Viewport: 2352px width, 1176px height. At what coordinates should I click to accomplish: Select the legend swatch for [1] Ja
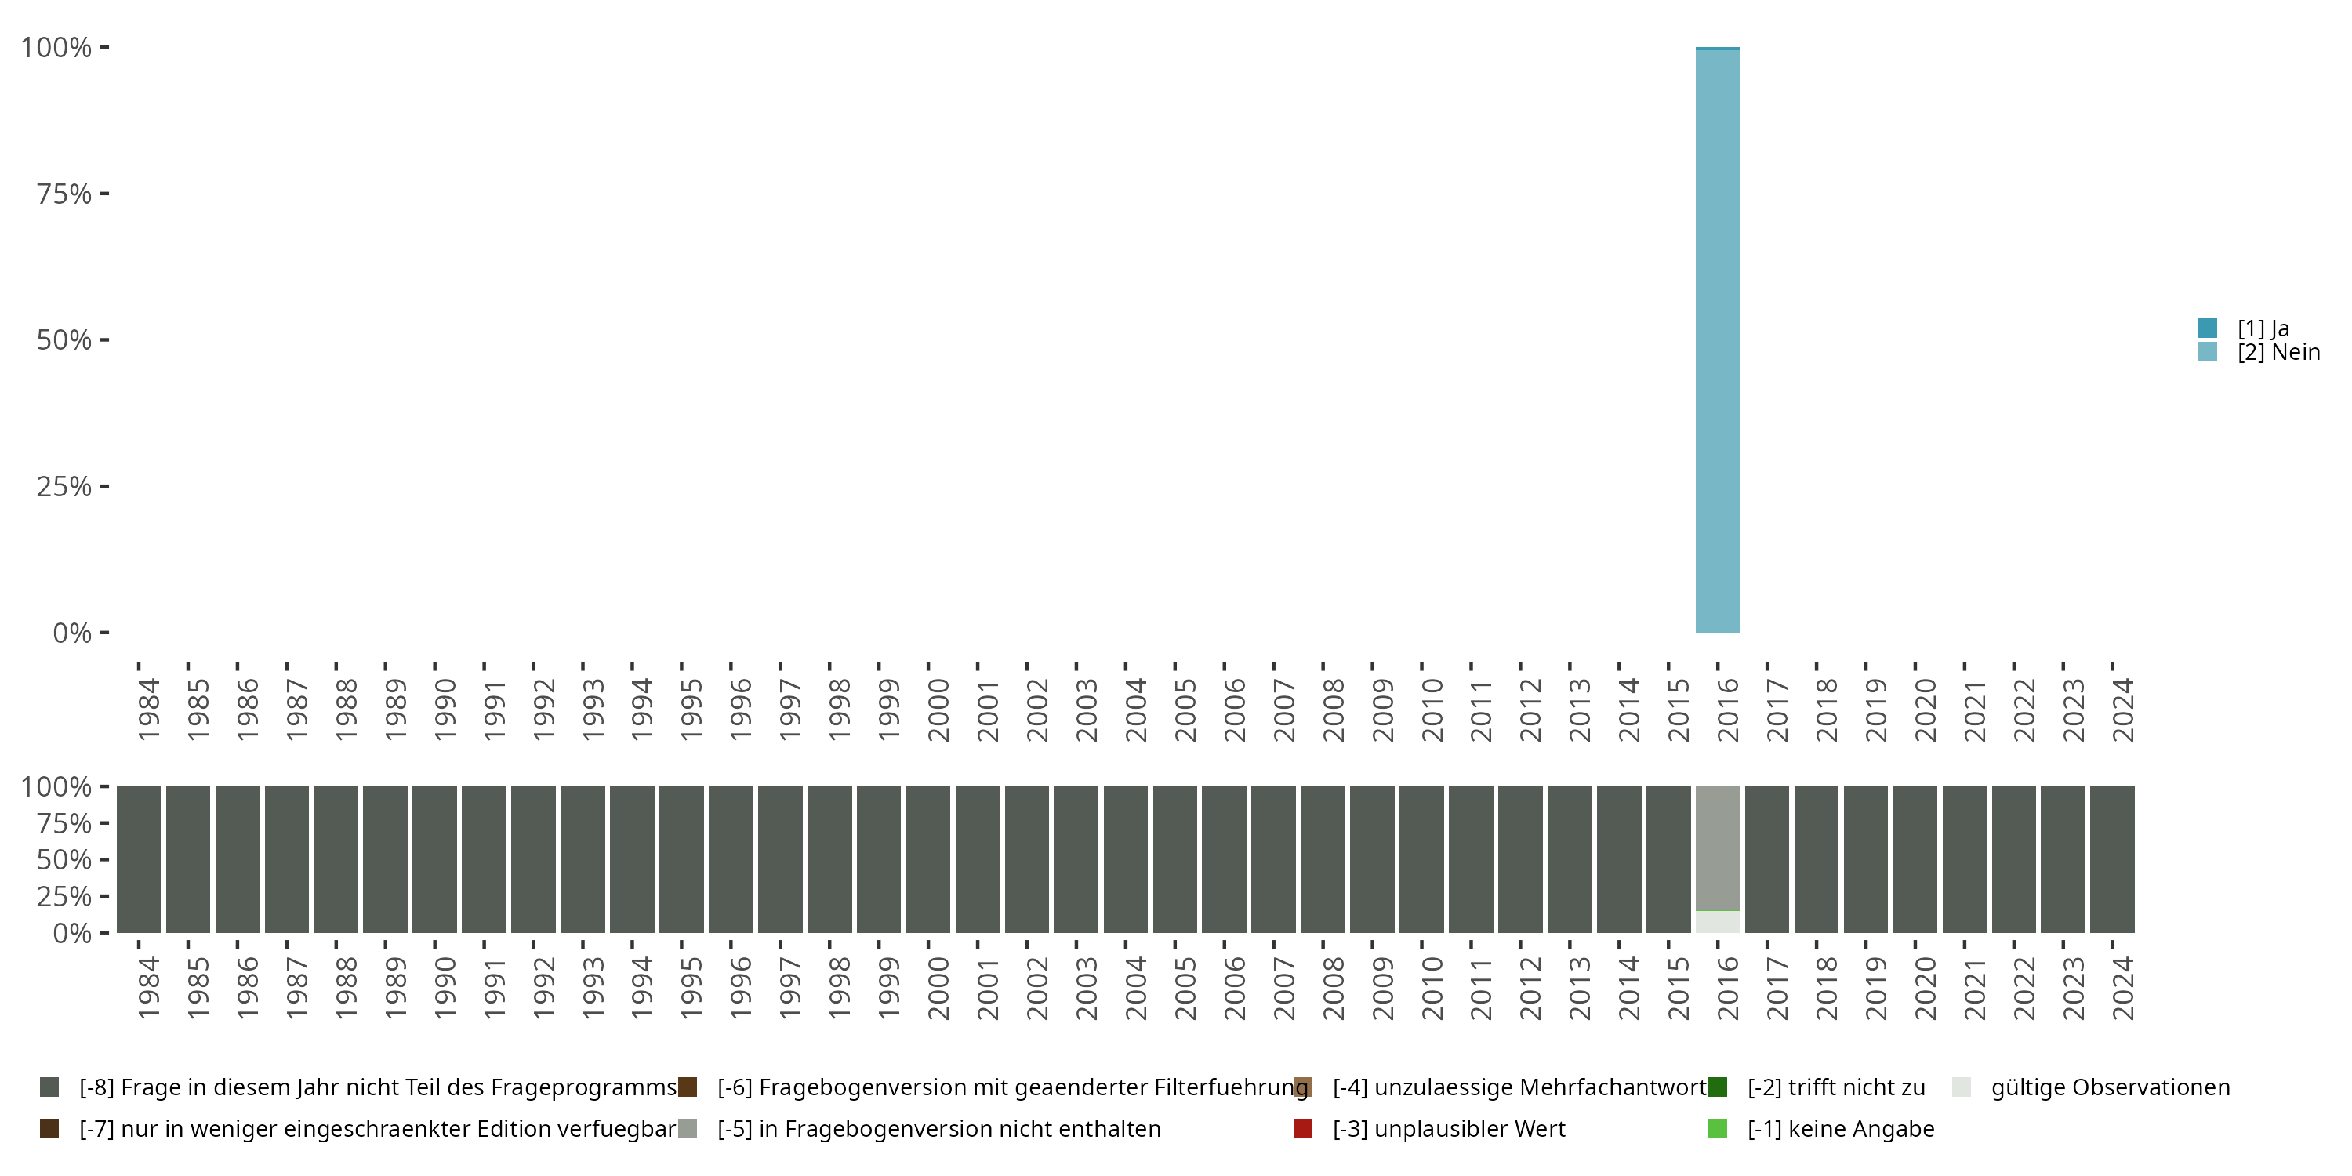coord(2208,328)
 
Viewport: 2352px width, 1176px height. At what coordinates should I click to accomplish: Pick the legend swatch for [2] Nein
coord(2208,351)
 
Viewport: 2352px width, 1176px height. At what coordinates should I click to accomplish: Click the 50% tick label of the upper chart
coord(64,339)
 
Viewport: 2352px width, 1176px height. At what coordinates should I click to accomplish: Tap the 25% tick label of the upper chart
coord(64,486)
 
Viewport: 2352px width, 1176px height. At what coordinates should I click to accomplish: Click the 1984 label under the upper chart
coord(148,710)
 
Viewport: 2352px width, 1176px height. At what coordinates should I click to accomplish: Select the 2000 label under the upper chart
coord(938,710)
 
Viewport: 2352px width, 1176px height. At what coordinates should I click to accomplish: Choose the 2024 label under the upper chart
coord(2123,710)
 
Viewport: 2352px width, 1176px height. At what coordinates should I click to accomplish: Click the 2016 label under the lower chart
coord(1727,988)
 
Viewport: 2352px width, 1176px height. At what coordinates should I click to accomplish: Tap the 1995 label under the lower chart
coord(691,988)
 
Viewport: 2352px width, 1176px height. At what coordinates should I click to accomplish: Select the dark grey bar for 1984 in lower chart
coord(139,859)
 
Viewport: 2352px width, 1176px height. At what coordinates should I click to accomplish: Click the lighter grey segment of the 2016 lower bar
coord(1718,848)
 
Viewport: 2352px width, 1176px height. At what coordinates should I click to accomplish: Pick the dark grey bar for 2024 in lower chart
coord(2112,859)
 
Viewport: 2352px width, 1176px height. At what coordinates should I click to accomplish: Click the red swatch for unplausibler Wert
coord(1303,1128)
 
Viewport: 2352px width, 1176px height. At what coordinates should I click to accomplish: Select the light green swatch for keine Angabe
coord(1718,1128)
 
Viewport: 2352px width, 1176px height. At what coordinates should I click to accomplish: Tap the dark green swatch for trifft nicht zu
coord(1718,1087)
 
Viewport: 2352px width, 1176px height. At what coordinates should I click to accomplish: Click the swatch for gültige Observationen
coord(1962,1087)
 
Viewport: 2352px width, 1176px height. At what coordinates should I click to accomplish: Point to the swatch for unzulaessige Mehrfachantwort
coord(1303,1087)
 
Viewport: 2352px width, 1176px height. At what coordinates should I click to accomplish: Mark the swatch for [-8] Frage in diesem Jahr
coord(49,1087)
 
